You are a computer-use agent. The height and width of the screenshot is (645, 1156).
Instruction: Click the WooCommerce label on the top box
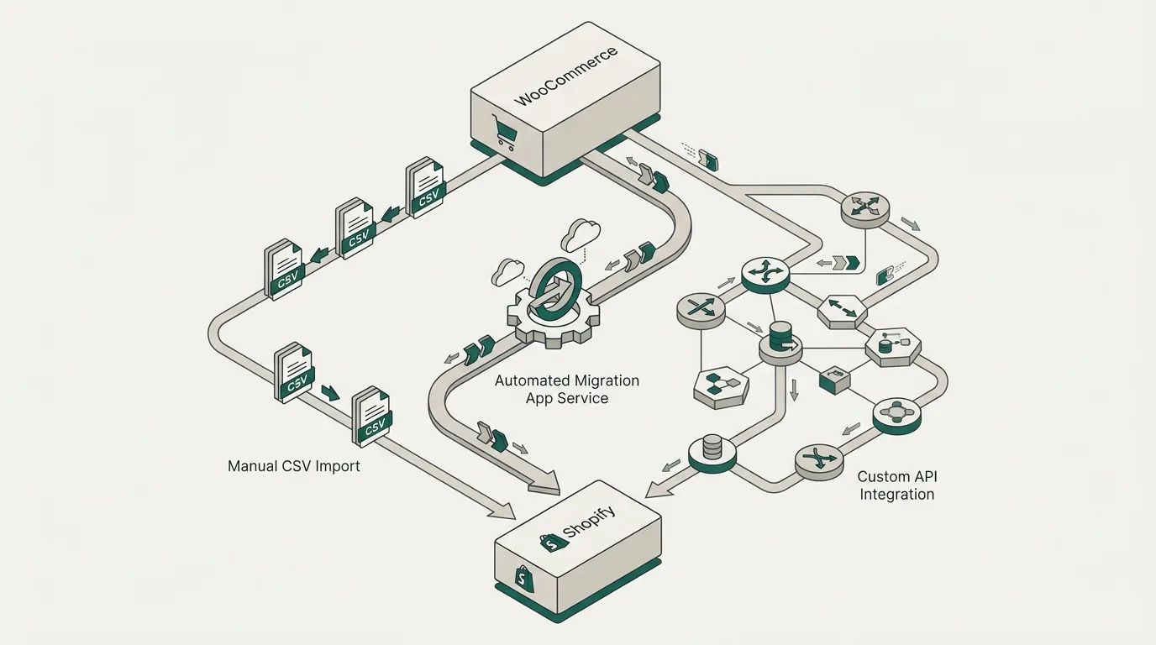coord(566,76)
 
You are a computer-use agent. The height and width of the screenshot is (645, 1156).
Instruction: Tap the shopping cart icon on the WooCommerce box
coord(504,131)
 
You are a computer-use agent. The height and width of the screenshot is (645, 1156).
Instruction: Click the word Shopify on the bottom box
coord(588,522)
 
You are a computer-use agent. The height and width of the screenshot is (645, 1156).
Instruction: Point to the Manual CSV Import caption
coord(294,466)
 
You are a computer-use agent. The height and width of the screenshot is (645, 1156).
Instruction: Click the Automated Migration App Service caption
coord(566,389)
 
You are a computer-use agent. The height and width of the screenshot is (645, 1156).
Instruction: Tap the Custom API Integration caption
coord(897,485)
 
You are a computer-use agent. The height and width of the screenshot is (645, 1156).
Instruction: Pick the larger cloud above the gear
coord(581,234)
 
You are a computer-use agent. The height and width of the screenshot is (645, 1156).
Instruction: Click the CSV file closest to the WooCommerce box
coord(425,186)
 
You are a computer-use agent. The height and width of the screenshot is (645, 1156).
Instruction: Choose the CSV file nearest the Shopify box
coord(371,416)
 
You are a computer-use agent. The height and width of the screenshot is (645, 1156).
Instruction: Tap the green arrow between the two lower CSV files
coord(330,393)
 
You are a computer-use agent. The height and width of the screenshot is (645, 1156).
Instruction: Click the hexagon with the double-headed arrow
coord(843,311)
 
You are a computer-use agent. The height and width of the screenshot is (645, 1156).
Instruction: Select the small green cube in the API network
coord(834,380)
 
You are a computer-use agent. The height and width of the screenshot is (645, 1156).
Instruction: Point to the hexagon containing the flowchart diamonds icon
coord(721,387)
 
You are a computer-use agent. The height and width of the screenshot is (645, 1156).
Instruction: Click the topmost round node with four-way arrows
coord(865,208)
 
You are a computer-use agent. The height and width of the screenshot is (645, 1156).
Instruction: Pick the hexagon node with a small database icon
coord(893,346)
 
